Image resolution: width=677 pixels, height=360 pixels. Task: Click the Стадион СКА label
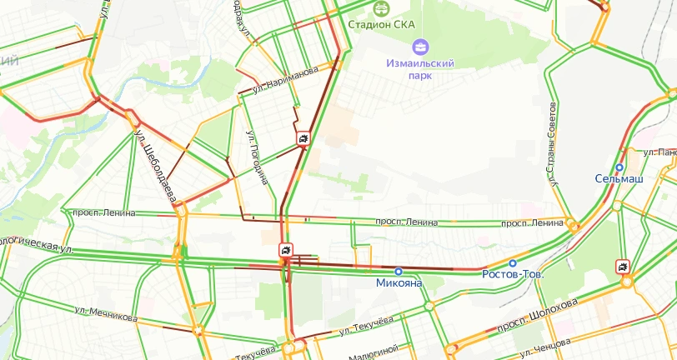381,24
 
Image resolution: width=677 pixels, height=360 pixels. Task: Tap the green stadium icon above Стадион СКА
381,7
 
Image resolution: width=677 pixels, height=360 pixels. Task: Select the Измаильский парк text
419,68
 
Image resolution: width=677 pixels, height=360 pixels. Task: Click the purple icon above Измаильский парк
420,45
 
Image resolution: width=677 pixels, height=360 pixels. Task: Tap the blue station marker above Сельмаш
619,167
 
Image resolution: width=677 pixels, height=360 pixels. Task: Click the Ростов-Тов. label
514,273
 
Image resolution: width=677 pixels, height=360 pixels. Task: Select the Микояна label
398,282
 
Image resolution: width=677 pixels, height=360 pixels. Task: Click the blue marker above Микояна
399,271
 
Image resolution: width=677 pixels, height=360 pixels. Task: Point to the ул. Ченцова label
545,342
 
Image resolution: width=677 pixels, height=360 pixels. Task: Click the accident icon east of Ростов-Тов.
623,267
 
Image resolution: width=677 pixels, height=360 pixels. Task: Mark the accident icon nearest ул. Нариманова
304,138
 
